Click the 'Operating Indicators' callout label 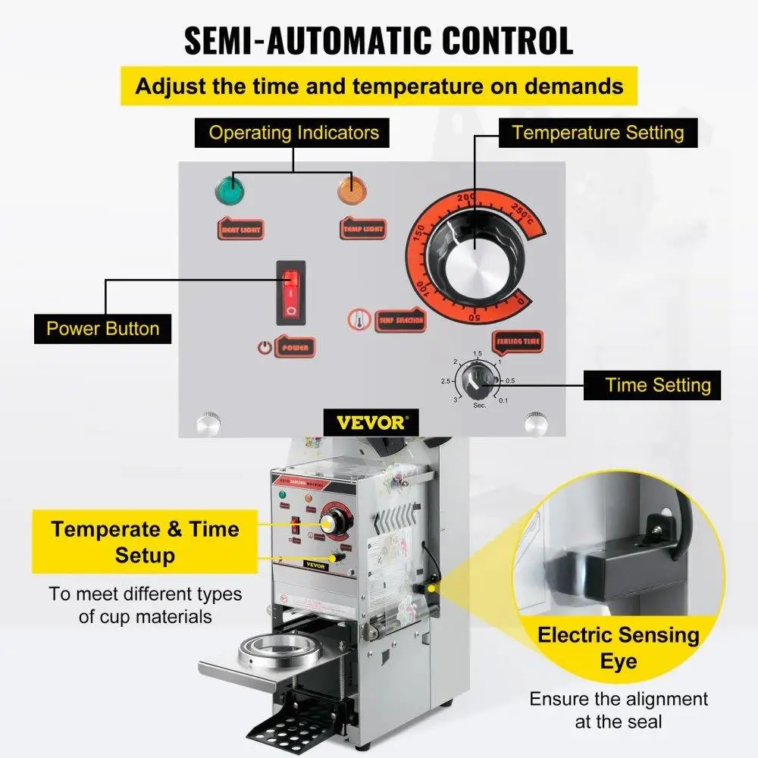coord(293,133)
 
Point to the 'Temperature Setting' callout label coord(597,133)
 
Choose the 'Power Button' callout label coord(103,329)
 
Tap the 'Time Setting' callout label coord(658,385)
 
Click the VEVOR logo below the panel coord(371,422)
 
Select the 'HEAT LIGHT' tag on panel coord(240,228)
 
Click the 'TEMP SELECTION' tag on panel coord(401,321)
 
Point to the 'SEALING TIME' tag coord(518,342)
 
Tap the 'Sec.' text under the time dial coord(479,406)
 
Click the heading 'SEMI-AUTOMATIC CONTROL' coord(378,41)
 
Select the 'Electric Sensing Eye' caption coord(619,647)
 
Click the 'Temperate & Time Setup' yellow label coord(145,542)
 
